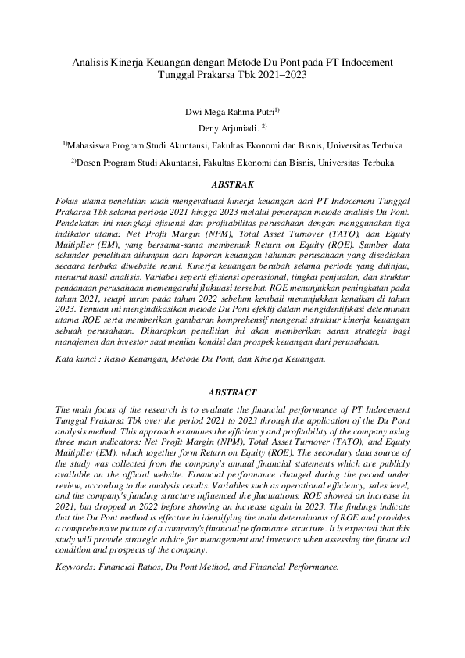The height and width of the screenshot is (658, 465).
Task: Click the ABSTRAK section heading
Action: point(232,185)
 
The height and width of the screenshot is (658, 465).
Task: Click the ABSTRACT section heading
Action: point(232,392)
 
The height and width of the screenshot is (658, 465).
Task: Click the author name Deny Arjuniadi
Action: point(227,127)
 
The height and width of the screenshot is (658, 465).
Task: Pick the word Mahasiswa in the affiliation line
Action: point(92,145)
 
